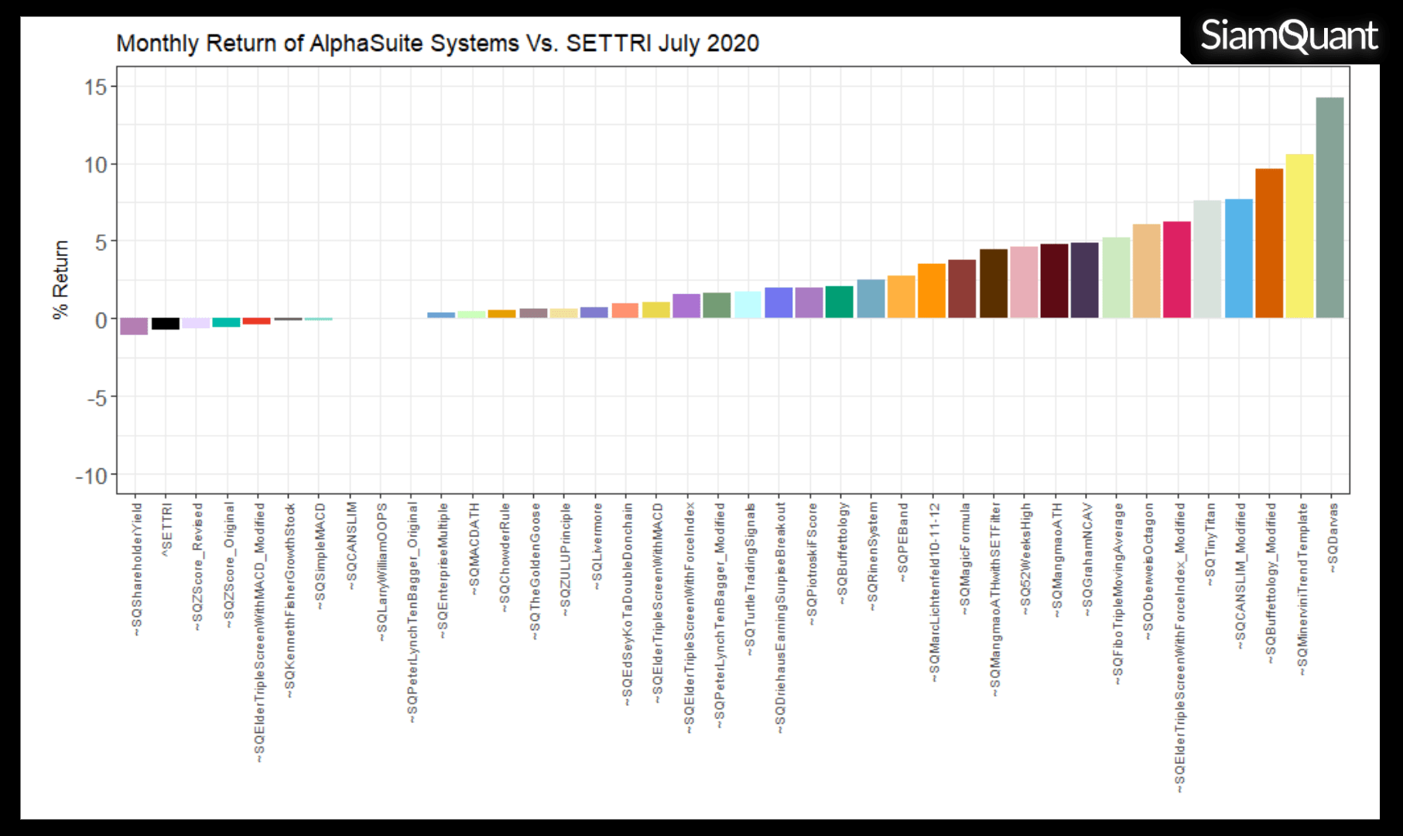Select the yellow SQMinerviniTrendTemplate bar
click(x=1299, y=236)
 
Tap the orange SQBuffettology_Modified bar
click(x=1268, y=243)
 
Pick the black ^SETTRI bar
click(x=166, y=324)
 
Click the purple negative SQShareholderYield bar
click(x=135, y=326)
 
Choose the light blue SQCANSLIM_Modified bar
click(x=1238, y=259)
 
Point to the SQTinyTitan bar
click(x=1207, y=259)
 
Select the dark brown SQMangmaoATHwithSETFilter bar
click(x=993, y=283)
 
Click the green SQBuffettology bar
click(x=840, y=302)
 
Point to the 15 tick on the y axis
click(x=96, y=87)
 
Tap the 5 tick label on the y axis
click(x=101, y=242)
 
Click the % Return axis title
click(x=60, y=279)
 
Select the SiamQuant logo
click(x=1288, y=36)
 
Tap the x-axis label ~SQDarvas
click(x=1333, y=538)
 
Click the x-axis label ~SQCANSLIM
click(x=351, y=546)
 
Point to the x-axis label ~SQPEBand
click(x=902, y=542)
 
